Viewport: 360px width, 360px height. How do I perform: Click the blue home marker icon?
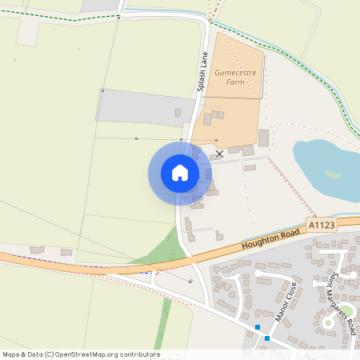point(180,173)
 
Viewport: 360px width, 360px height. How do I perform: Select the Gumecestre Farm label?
point(234,77)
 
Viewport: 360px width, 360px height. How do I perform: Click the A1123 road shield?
point(321,226)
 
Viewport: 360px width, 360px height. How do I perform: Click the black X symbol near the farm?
point(220,153)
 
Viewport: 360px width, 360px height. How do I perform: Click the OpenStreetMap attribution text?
point(81,354)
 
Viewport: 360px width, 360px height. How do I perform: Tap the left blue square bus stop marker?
point(258,327)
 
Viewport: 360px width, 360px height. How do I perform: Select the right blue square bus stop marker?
point(267,338)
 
